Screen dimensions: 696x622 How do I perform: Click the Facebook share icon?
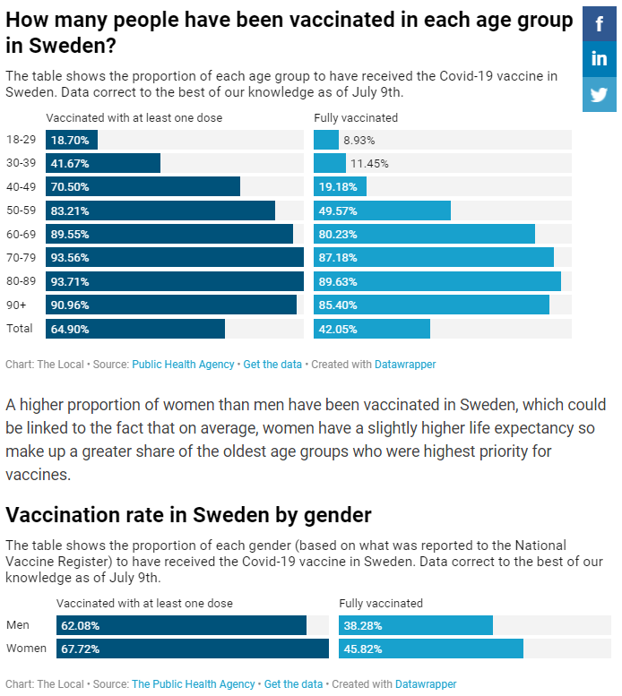tap(599, 24)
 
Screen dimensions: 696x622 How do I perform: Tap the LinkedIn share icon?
tap(599, 59)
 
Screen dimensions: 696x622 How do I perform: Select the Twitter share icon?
tap(599, 94)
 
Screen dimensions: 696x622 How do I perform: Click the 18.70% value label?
tap(70, 140)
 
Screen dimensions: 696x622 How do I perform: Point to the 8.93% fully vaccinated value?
tap(359, 140)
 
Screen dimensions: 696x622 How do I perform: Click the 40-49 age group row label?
tap(21, 186)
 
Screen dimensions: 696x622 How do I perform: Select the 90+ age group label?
tap(15, 305)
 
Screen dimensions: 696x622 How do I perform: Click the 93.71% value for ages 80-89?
tap(70, 281)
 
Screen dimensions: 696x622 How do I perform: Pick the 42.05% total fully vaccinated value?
tap(338, 329)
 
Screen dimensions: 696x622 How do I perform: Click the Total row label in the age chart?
tap(19, 329)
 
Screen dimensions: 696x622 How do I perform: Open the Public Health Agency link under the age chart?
tap(183, 365)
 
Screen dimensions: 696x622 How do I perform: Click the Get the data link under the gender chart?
tap(293, 683)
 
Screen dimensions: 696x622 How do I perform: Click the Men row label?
tap(17, 624)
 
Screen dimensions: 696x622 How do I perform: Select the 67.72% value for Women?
tap(80, 649)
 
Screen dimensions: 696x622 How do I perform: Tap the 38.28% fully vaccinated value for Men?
tap(363, 624)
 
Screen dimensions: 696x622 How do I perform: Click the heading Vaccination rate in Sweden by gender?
tap(188, 515)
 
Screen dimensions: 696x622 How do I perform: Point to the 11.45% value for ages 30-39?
tap(368, 163)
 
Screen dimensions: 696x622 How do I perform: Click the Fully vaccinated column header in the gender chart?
tap(381, 603)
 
